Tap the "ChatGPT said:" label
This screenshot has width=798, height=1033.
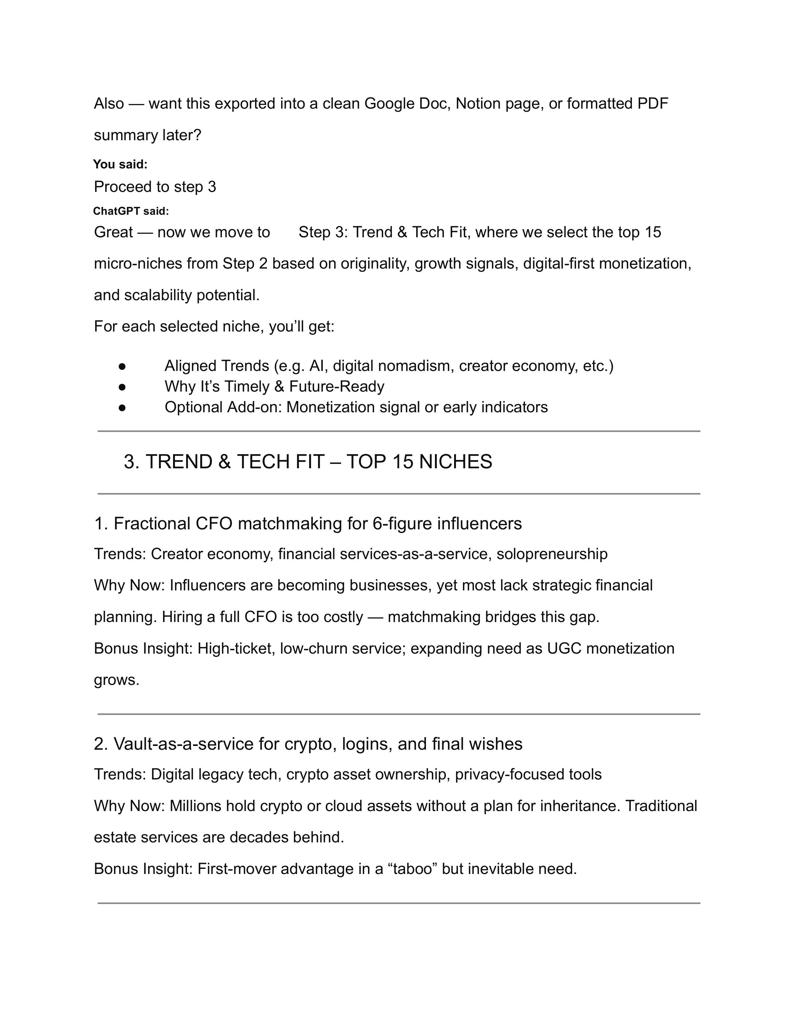coord(130,211)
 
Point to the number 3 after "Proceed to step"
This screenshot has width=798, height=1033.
coord(212,187)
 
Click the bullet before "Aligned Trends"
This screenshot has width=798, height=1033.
coord(122,366)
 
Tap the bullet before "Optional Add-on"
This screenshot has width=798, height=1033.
coord(122,407)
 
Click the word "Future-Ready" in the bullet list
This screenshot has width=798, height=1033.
coord(337,386)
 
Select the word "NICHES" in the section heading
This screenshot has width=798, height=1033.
coord(455,462)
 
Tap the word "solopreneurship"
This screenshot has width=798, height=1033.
coord(552,554)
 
